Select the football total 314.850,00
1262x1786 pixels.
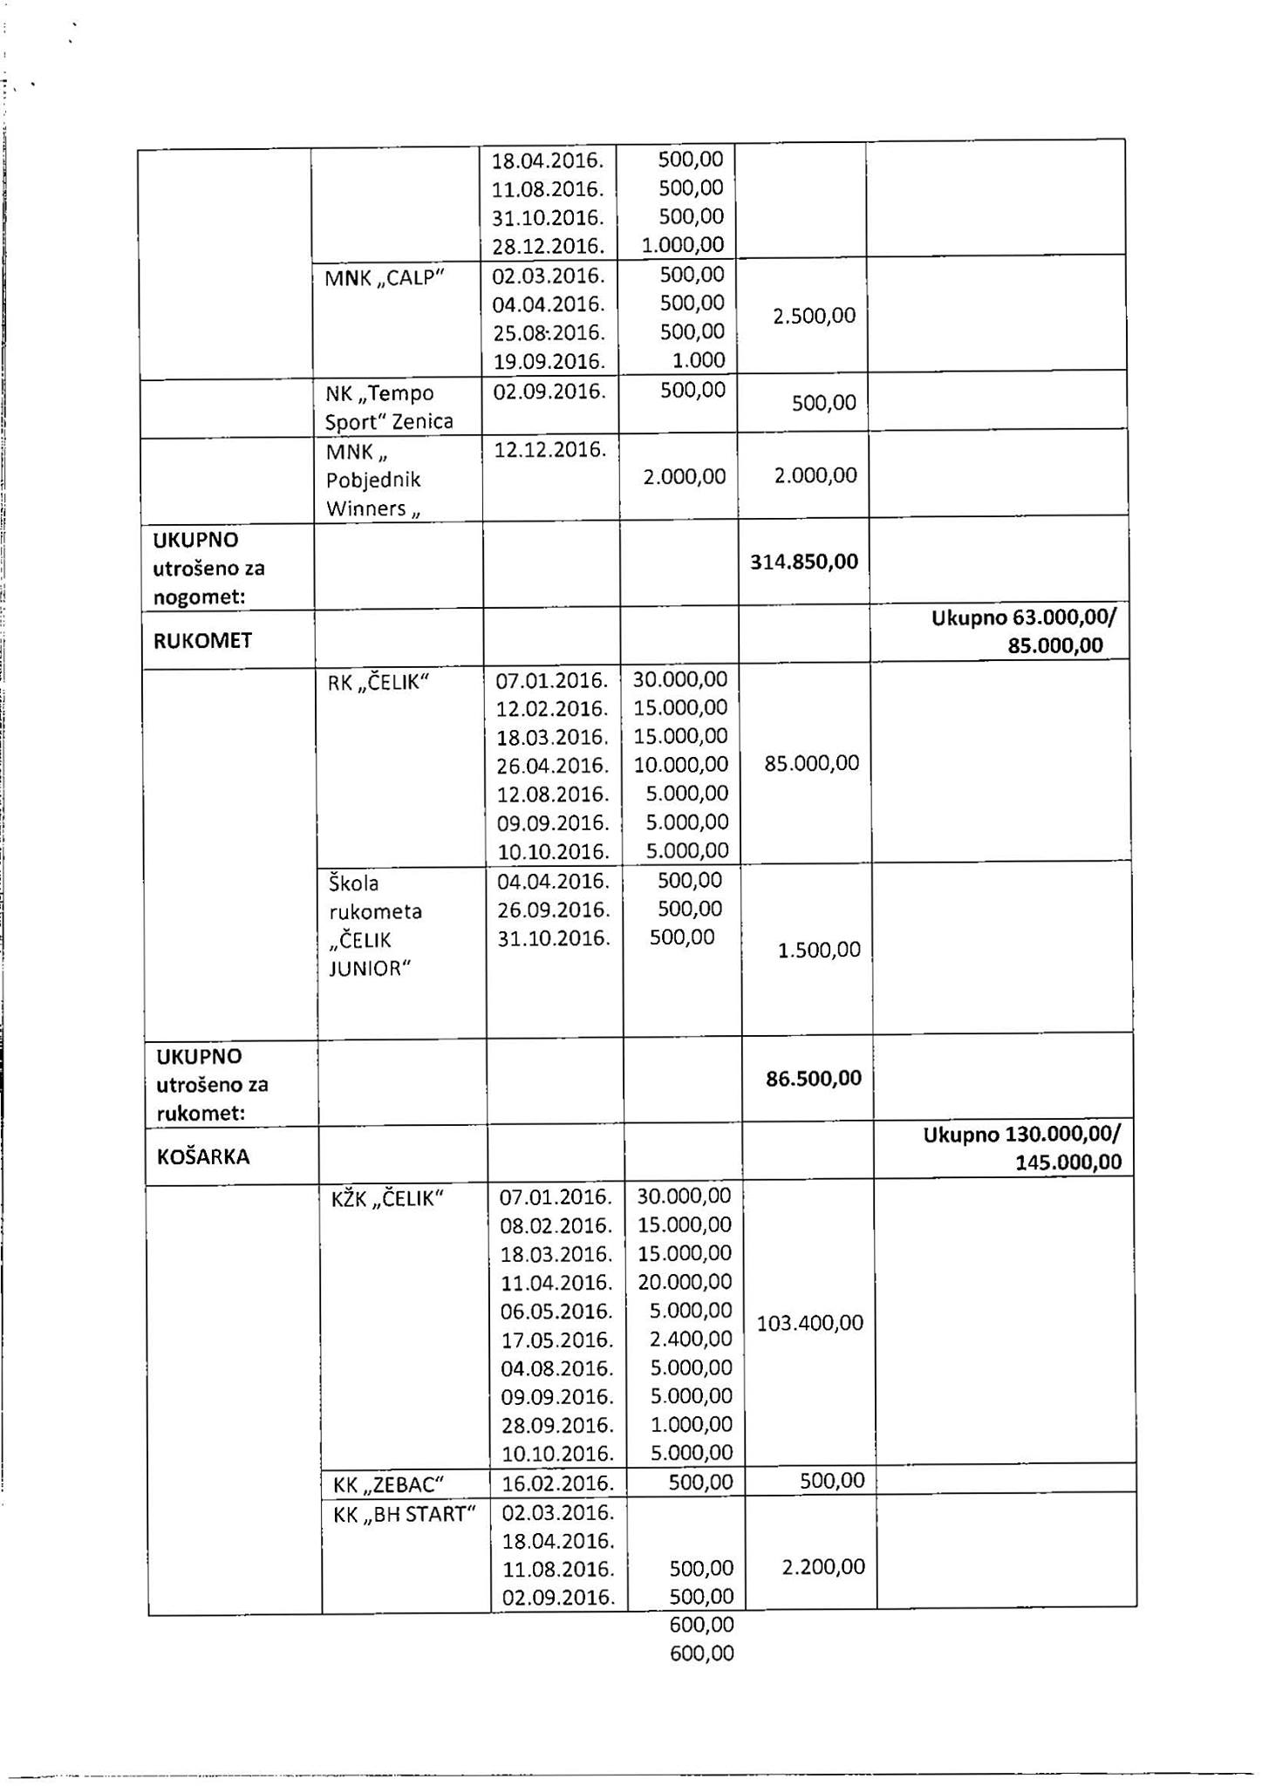click(x=804, y=562)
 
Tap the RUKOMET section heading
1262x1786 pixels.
click(x=202, y=641)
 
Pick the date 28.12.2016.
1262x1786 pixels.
click(x=548, y=245)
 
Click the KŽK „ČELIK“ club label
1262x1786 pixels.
click(x=387, y=1199)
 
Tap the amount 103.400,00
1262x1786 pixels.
click(x=809, y=1323)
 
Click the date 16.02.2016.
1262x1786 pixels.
click(x=557, y=1483)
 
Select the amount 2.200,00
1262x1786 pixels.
click(x=822, y=1567)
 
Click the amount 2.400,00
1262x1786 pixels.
click(x=691, y=1339)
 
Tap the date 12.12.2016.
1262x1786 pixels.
click(x=549, y=450)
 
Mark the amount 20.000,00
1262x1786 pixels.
click(x=685, y=1282)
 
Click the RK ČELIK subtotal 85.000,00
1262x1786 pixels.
click(x=811, y=764)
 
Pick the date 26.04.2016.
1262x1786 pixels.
click(x=552, y=766)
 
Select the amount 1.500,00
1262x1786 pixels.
click(x=818, y=950)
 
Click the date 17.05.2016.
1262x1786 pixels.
click(x=557, y=1339)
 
